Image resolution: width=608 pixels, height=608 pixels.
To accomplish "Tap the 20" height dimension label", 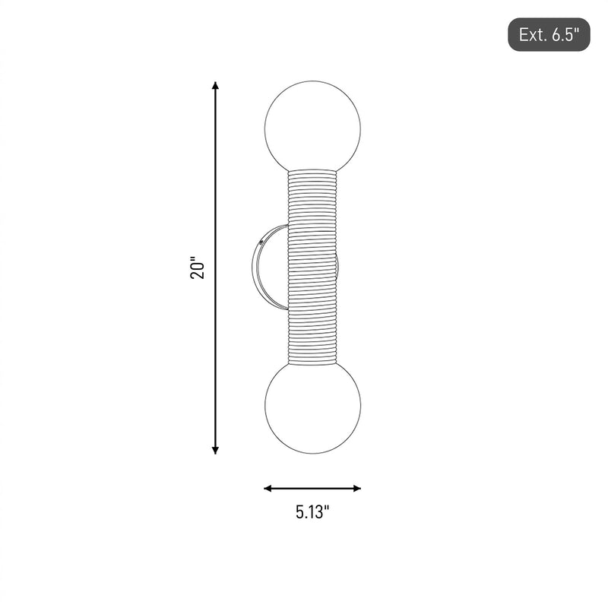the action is click(x=198, y=268).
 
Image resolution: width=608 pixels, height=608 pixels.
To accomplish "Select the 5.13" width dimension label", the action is click(x=312, y=511).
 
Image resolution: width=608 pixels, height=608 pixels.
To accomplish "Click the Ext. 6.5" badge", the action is click(x=549, y=34).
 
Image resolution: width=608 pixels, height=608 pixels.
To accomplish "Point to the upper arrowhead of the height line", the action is click(x=216, y=85).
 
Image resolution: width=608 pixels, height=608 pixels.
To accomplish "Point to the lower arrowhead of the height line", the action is click(x=216, y=450).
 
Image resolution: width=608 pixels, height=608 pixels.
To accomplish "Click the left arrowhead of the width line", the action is click(x=268, y=488).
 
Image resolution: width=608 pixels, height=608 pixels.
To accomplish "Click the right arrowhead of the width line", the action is click(x=356, y=488).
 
